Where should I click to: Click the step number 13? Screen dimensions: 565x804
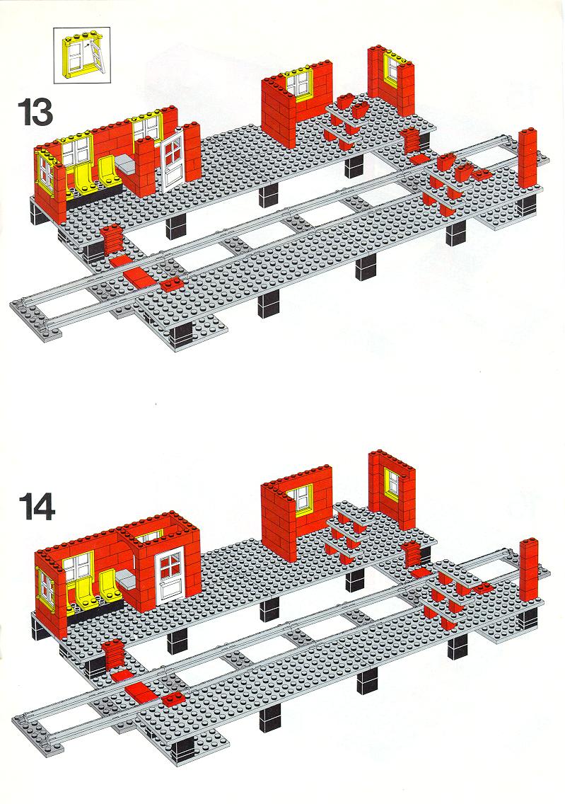(35, 112)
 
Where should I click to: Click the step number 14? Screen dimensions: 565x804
(37, 507)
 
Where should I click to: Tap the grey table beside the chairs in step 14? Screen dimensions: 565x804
(125, 581)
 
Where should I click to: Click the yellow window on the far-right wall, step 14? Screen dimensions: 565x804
(393, 483)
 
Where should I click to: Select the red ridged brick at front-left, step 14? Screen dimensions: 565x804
(112, 654)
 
